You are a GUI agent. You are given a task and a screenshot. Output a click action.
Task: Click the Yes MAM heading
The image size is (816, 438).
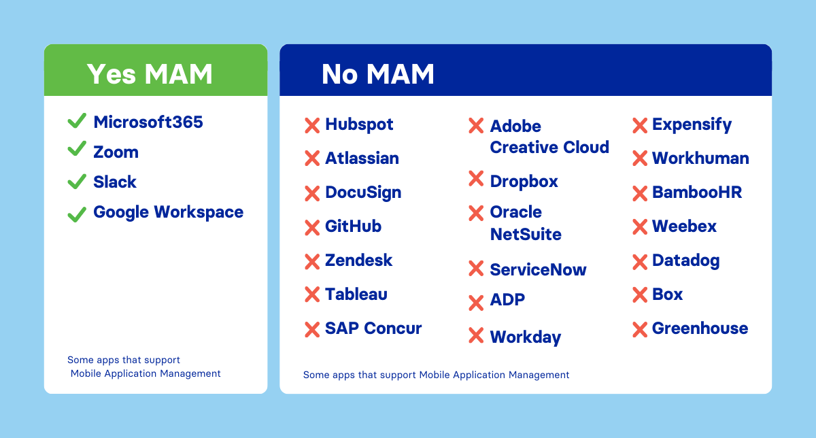tap(150, 73)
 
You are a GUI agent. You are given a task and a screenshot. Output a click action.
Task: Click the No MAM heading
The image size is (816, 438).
tap(377, 73)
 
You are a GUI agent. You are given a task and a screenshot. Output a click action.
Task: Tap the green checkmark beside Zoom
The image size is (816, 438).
tap(77, 150)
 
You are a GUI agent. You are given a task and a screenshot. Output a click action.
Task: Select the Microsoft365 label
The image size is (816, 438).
tap(148, 122)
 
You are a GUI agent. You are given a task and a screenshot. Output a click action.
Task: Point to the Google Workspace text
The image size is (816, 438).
tap(168, 212)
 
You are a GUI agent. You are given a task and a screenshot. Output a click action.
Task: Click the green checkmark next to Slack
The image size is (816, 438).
tap(77, 181)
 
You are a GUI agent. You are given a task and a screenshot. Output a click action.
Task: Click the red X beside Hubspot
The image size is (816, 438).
tap(312, 125)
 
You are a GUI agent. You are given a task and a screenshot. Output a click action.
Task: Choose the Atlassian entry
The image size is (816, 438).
tap(362, 158)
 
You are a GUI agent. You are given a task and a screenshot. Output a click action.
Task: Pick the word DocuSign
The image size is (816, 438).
tap(363, 192)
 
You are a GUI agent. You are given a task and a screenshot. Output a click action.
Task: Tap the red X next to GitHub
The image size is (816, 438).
tap(312, 227)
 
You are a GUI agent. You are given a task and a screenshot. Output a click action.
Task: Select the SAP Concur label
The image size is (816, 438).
tap(373, 328)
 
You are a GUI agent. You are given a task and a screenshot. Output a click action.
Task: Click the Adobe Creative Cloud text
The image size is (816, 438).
tap(549, 137)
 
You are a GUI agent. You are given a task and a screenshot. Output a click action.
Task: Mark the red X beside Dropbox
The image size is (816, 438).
tap(476, 179)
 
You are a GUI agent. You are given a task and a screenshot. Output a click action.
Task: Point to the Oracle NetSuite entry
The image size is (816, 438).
tap(525, 223)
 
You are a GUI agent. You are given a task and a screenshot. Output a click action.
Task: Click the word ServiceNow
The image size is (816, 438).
tap(538, 270)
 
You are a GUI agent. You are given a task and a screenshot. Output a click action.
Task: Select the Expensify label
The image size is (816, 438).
tap(692, 125)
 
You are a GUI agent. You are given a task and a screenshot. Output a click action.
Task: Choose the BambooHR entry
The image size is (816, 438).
tap(696, 192)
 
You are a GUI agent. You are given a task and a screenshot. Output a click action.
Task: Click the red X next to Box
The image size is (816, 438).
tap(640, 295)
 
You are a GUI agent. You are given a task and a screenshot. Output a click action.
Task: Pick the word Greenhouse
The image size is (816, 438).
tap(700, 328)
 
